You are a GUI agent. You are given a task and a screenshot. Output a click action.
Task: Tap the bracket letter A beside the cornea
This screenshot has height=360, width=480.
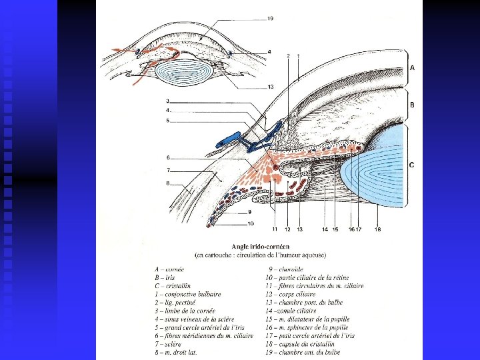click(412, 67)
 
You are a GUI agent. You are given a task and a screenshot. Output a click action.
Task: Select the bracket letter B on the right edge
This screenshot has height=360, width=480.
click(412, 105)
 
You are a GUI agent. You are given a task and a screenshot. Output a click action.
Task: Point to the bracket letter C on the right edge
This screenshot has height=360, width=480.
click(411, 165)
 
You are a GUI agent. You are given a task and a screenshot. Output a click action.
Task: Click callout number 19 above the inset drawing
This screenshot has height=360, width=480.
click(269, 19)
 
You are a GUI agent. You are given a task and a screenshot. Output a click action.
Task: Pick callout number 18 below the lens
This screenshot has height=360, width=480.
click(377, 229)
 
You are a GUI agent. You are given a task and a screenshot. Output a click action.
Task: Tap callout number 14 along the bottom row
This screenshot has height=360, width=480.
click(325, 229)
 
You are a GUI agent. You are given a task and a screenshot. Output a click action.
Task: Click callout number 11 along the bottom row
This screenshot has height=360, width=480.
click(275, 229)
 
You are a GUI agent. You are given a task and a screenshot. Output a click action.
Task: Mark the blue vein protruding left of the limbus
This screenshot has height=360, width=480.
click(227, 141)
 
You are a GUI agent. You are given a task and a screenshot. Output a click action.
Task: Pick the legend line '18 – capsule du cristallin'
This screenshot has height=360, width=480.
click(304, 344)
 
